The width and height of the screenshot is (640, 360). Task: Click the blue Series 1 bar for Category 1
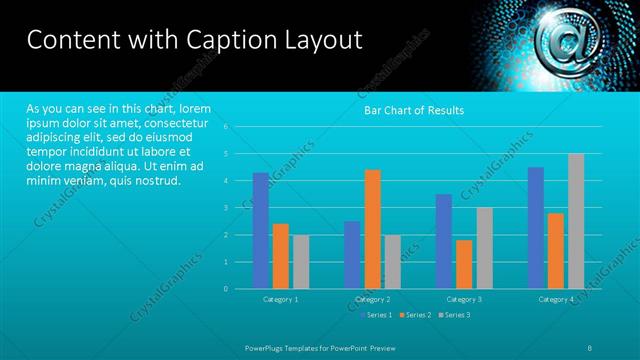click(x=261, y=231)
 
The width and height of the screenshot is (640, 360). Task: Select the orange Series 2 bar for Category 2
click(x=372, y=229)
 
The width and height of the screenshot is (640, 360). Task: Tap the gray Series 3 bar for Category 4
click(x=576, y=221)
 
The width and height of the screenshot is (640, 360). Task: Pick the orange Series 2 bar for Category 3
click(x=464, y=264)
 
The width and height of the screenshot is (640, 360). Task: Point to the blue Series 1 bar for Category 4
click(x=536, y=228)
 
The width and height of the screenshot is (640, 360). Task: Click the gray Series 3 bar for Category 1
click(x=301, y=262)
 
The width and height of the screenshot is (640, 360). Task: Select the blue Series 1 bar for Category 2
click(x=352, y=255)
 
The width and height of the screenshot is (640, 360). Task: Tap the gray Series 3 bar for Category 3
click(x=484, y=248)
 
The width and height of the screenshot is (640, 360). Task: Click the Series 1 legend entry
click(x=375, y=315)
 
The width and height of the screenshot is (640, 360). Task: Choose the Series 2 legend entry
click(x=414, y=315)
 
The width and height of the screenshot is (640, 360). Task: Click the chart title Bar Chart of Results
click(x=413, y=110)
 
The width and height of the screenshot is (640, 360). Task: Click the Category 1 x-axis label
click(x=281, y=299)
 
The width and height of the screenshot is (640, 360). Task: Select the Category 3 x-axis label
click(x=464, y=299)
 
